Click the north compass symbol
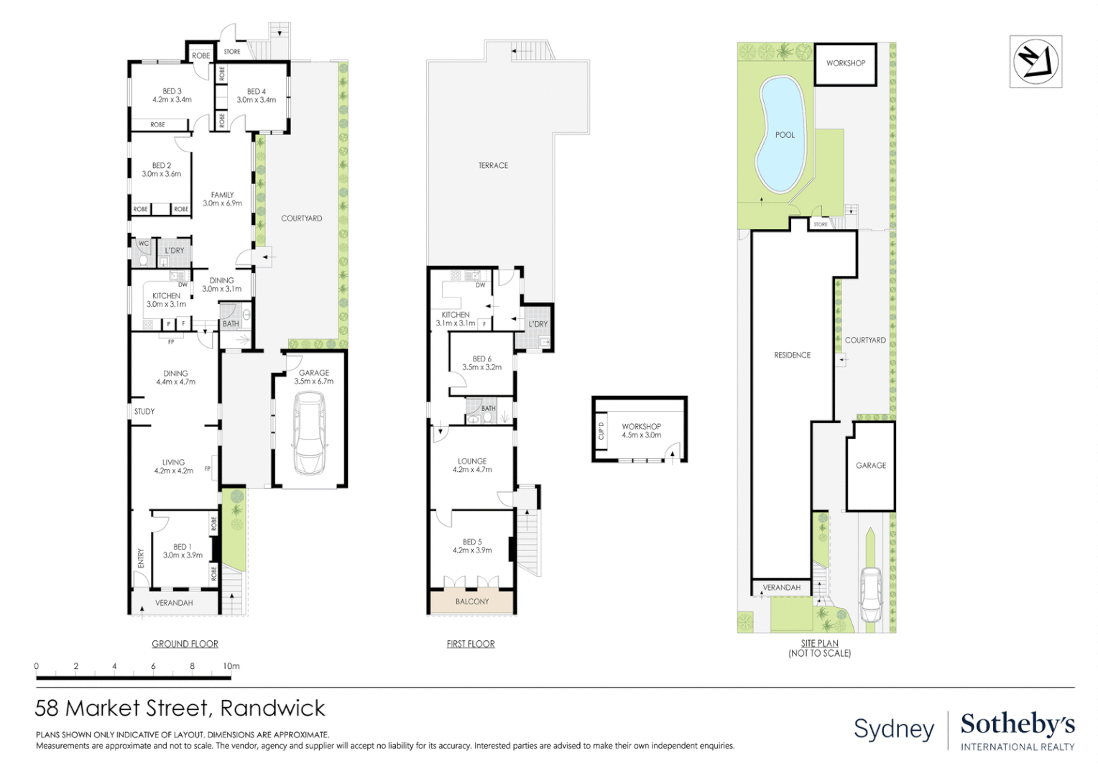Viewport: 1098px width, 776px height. (x=1035, y=62)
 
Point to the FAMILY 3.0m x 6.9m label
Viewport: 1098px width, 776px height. (x=222, y=199)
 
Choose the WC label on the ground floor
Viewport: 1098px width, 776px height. (x=144, y=244)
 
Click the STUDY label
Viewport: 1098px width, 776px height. (x=144, y=411)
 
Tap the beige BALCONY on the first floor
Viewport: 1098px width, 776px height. (x=471, y=601)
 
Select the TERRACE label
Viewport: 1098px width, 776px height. (x=493, y=166)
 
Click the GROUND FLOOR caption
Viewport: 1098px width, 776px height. (x=185, y=644)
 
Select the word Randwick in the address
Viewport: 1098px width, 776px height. (x=272, y=708)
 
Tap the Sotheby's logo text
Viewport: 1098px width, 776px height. (x=1018, y=724)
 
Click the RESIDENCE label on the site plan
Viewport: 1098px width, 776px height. (x=792, y=355)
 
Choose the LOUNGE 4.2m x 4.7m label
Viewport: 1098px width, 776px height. (x=472, y=465)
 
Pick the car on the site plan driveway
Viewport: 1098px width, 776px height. (x=870, y=595)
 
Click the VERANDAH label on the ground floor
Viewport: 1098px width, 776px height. (x=174, y=603)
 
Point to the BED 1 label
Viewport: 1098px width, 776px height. (x=183, y=550)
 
